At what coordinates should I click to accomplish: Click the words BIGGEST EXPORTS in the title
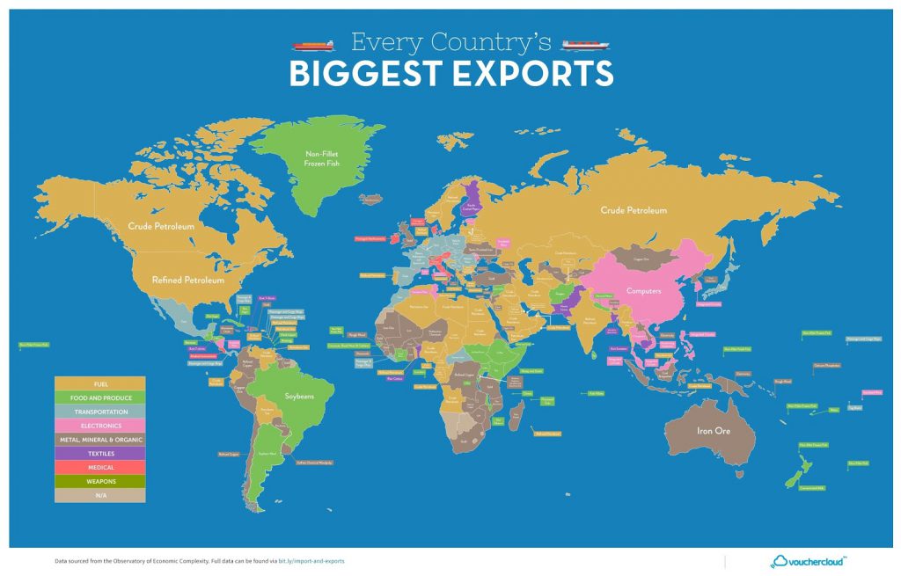[x=450, y=74]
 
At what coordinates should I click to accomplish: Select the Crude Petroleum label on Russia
[x=634, y=210]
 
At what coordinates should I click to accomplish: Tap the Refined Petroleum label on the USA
[x=187, y=280]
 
